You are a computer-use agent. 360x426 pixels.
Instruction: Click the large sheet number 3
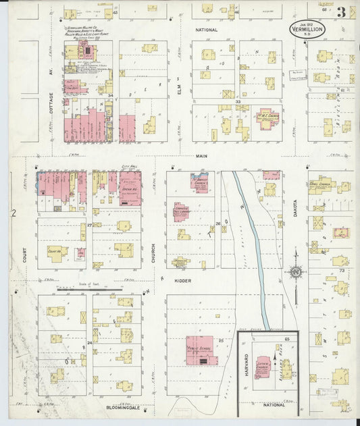342,11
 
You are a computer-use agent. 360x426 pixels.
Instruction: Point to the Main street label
201,157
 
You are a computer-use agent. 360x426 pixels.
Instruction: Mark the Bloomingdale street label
123,407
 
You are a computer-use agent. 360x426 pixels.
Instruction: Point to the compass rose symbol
295,272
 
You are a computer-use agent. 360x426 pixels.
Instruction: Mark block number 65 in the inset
286,338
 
